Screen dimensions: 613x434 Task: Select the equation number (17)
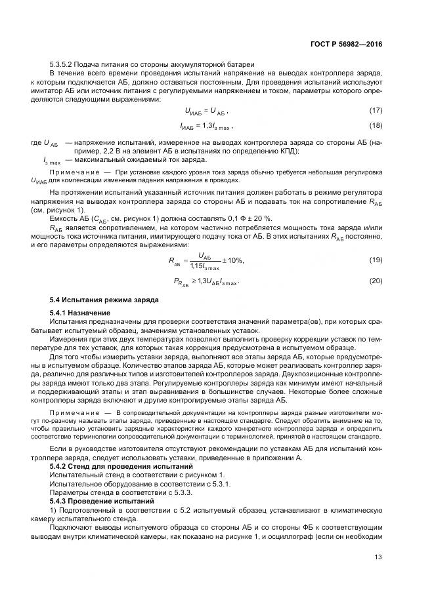tap(375, 110)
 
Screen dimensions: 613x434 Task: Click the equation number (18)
tap(375, 125)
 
